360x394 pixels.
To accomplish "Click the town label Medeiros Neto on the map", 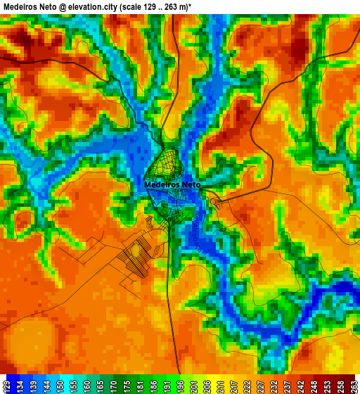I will coord(172,185).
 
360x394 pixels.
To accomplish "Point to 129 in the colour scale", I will coord(6,386).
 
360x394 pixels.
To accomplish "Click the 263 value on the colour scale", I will coord(353,386).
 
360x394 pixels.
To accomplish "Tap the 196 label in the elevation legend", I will coord(180,386).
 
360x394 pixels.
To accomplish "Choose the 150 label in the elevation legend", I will coord(60,386).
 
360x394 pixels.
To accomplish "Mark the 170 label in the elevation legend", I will coord(113,386).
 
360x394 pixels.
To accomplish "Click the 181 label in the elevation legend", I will coord(140,386).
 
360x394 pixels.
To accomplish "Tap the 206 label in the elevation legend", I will coord(206,386).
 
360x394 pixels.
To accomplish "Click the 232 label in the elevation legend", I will coord(273,386).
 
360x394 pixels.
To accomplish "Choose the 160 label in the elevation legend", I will coord(86,386).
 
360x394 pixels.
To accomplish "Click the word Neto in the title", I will coord(49,6).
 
